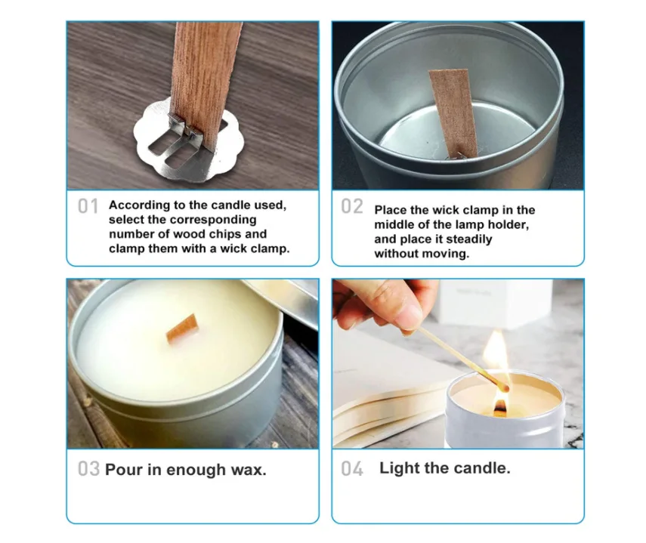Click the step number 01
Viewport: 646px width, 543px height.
click(x=88, y=206)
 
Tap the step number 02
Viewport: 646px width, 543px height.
click(x=352, y=207)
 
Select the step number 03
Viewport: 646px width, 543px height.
click(x=88, y=469)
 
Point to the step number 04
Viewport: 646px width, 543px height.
click(x=352, y=469)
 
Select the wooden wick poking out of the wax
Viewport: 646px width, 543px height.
click(x=181, y=330)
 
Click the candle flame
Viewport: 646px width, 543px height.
click(x=496, y=355)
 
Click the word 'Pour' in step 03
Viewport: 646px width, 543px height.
click(x=123, y=470)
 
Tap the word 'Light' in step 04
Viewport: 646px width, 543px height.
click(x=400, y=468)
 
